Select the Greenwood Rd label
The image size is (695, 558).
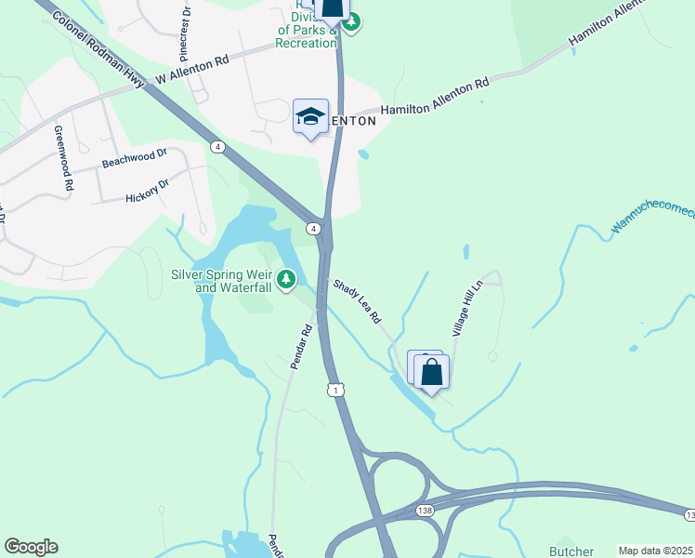click(61, 158)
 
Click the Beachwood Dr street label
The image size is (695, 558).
click(135, 158)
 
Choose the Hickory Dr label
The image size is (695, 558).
click(148, 192)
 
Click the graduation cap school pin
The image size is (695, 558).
click(310, 117)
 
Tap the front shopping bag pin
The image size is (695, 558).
click(432, 373)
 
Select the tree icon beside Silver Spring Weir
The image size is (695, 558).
click(287, 277)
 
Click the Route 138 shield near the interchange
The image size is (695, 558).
click(425, 511)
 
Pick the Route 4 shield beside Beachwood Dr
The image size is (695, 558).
click(217, 147)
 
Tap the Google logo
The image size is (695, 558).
click(31, 547)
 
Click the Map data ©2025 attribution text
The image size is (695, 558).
click(655, 551)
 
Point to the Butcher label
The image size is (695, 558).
click(571, 551)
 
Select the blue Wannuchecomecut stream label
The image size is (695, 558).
click(652, 219)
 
